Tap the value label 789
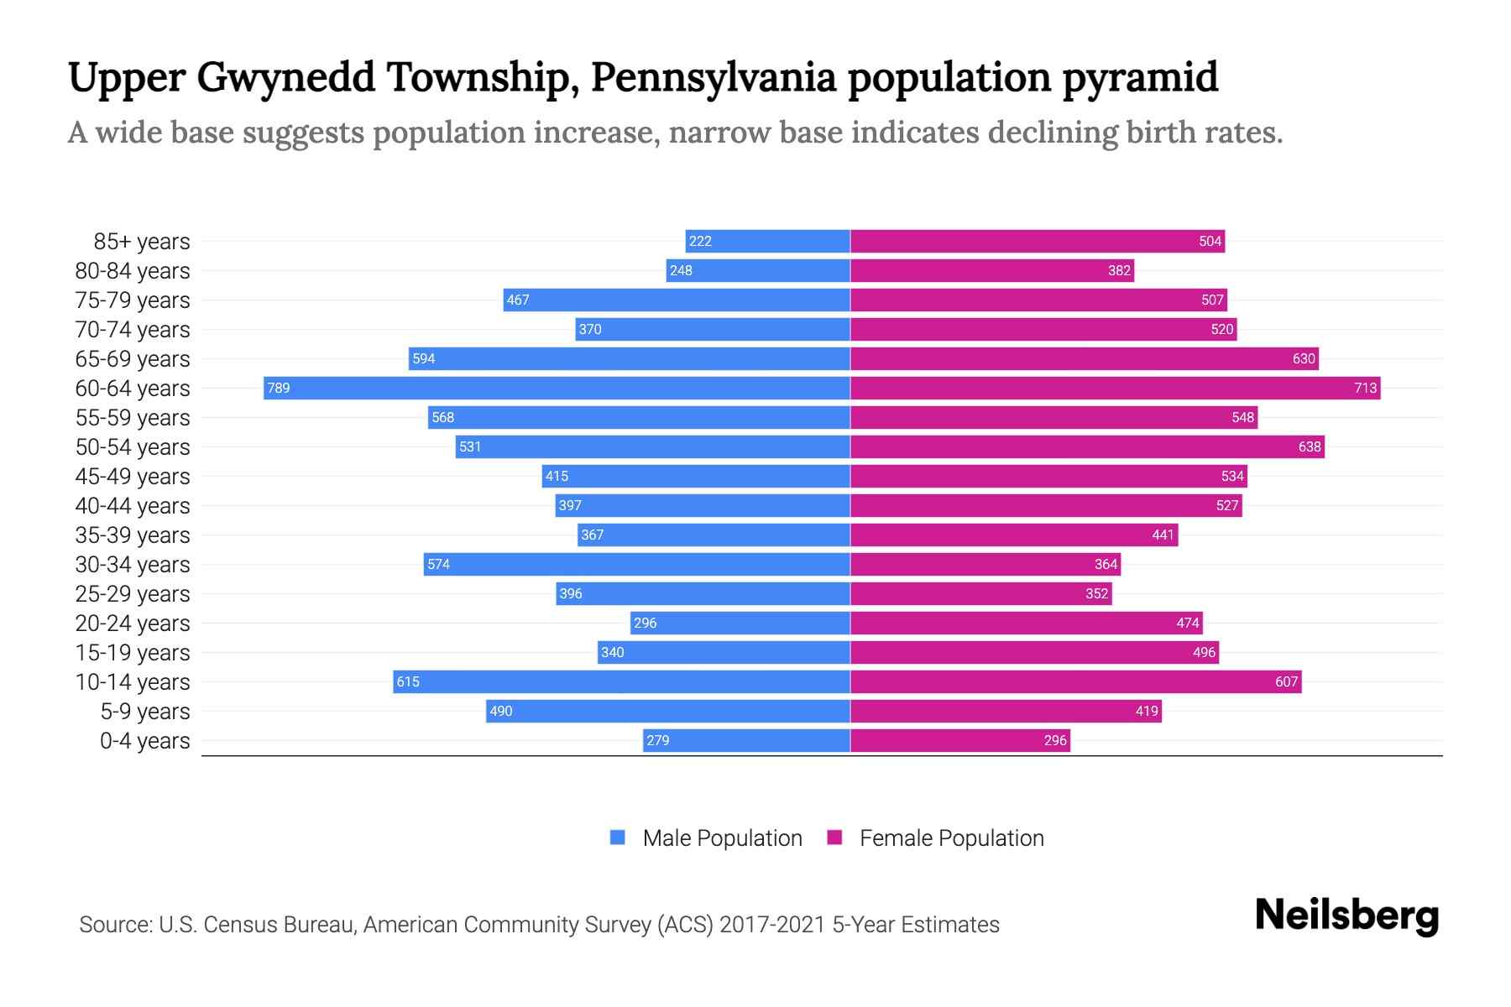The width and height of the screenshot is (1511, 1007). [279, 388]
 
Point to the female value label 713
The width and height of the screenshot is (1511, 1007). [1365, 388]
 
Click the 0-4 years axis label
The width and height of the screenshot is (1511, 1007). [144, 741]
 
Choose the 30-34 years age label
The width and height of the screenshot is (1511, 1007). [133, 565]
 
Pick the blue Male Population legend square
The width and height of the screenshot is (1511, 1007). [618, 837]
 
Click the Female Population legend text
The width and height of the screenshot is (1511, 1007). [951, 838]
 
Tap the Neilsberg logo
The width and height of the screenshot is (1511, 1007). [1346, 916]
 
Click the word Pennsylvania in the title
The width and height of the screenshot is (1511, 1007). [714, 77]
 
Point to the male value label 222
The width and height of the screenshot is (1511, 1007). [700, 241]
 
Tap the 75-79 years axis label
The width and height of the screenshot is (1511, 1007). [133, 300]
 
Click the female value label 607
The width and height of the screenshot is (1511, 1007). [1286, 681]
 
